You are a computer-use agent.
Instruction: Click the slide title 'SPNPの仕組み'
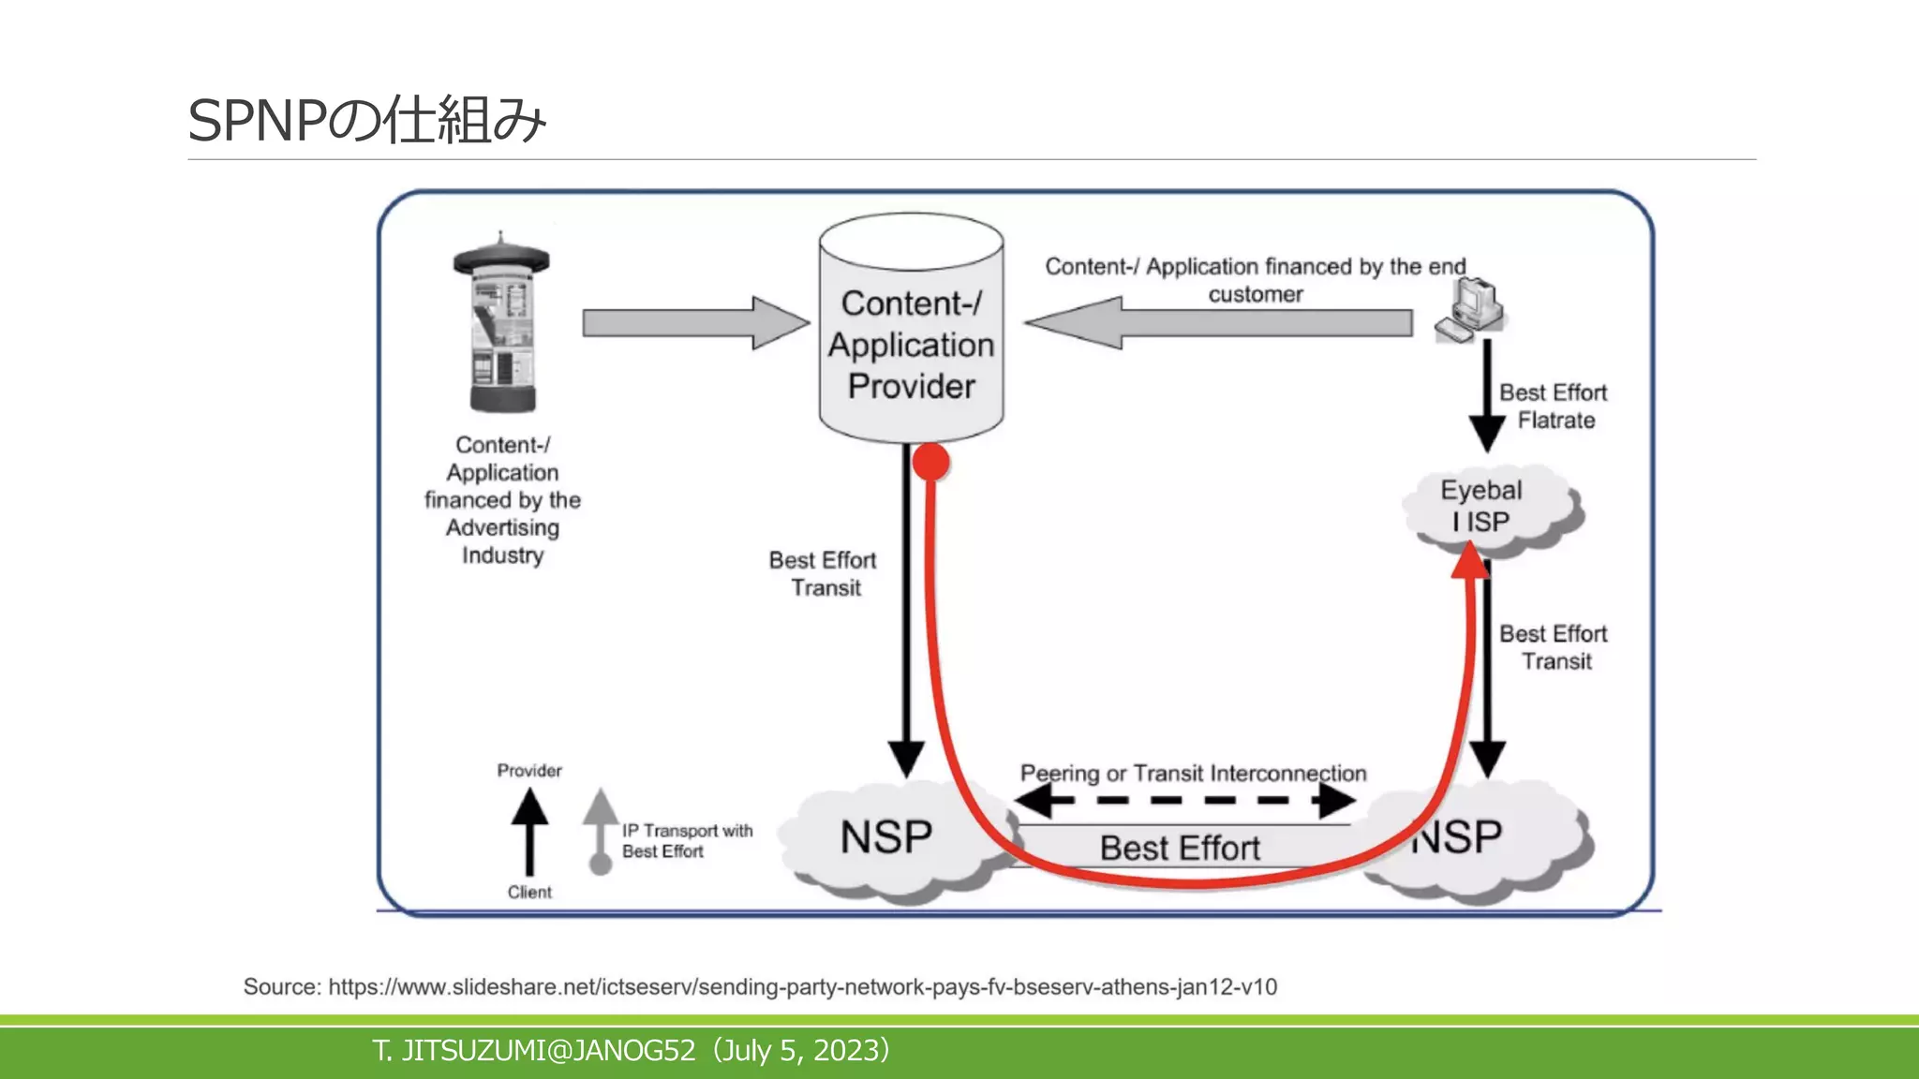(x=366, y=121)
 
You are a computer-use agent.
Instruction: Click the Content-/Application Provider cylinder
(x=911, y=345)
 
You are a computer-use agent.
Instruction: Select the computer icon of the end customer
(x=1469, y=311)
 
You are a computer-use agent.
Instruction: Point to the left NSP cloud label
(x=885, y=836)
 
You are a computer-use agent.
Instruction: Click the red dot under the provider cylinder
(x=931, y=462)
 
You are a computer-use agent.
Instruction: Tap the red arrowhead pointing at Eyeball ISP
(x=1469, y=561)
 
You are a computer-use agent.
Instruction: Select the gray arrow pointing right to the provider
(x=694, y=323)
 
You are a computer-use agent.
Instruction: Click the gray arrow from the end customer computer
(x=1218, y=323)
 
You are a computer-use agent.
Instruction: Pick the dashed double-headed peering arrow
(x=1185, y=801)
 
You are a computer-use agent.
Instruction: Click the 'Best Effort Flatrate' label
(x=1553, y=406)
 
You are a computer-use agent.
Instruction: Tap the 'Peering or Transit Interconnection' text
(x=1193, y=774)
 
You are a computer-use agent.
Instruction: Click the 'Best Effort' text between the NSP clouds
(x=1180, y=848)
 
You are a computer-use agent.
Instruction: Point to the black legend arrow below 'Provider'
(x=529, y=830)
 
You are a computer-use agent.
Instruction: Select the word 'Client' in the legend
(x=529, y=893)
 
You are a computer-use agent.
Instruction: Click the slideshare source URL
(x=801, y=987)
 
